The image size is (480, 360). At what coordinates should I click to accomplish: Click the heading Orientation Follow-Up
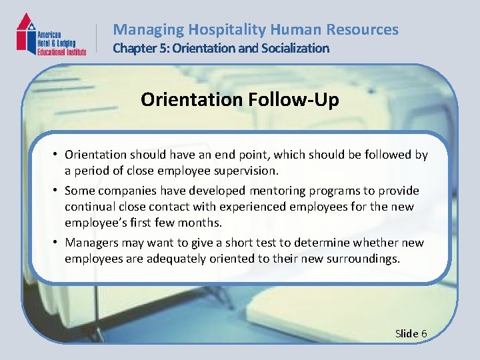(x=240, y=100)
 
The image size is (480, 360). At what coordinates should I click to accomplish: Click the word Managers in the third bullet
(x=90, y=243)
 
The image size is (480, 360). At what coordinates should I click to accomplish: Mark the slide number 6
(x=424, y=333)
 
